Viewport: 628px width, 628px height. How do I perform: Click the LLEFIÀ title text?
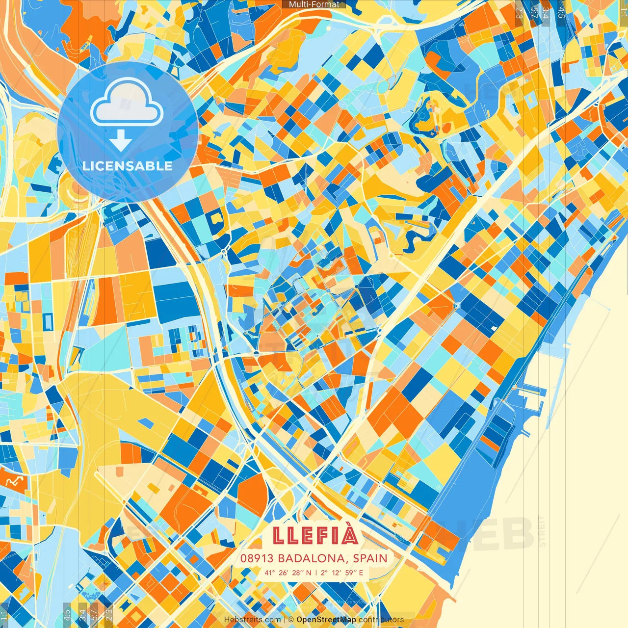click(315, 535)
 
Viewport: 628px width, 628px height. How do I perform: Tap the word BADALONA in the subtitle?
click(312, 558)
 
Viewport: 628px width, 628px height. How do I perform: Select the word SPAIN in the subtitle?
click(370, 558)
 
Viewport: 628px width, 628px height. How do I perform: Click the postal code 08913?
click(257, 558)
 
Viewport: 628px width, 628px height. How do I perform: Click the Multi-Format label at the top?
click(314, 4)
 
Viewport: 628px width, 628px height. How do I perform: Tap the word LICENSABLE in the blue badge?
click(128, 166)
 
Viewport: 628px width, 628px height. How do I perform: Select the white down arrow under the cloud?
click(120, 141)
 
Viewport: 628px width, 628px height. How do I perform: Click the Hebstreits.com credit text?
click(252, 620)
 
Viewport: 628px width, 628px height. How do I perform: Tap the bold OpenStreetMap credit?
click(326, 620)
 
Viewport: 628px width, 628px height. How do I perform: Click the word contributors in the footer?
click(381, 620)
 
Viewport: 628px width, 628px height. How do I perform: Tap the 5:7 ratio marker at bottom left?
click(94, 614)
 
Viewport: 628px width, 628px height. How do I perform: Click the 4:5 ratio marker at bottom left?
click(67, 614)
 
